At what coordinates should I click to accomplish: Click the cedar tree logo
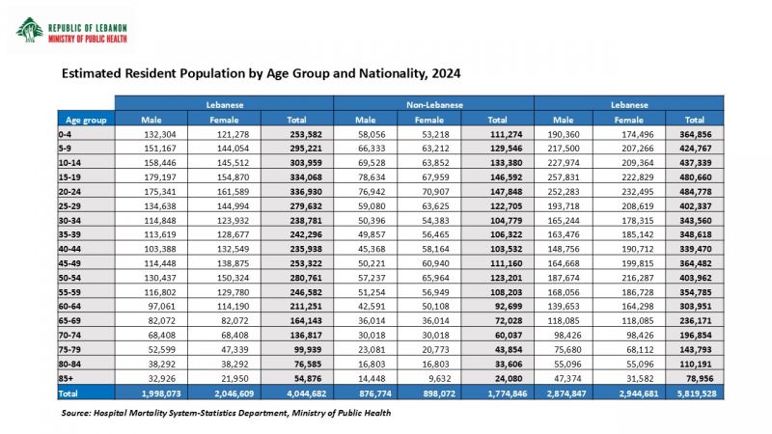pos(29,31)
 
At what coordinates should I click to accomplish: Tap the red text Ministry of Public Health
pos(88,39)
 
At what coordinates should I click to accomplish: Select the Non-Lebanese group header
pos(434,105)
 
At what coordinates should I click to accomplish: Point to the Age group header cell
pos(86,120)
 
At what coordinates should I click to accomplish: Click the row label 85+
pos(66,378)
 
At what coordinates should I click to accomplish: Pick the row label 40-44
pos(69,249)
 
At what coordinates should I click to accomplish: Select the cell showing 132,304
pos(159,134)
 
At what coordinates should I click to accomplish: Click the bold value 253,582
pos(305,134)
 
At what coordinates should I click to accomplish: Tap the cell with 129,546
pos(506,149)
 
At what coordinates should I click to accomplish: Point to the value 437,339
pos(695,163)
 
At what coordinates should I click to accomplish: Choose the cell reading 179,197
pos(159,177)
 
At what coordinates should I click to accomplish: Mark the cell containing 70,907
pos(435,191)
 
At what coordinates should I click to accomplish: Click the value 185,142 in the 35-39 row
pos(637,234)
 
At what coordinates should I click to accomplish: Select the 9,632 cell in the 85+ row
pos(438,378)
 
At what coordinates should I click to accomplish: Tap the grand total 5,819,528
pos(696,393)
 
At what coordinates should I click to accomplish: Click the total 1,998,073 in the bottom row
pos(161,393)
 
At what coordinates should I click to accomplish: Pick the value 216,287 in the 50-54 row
pos(637,278)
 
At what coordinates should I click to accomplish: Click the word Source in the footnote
pos(76,413)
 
